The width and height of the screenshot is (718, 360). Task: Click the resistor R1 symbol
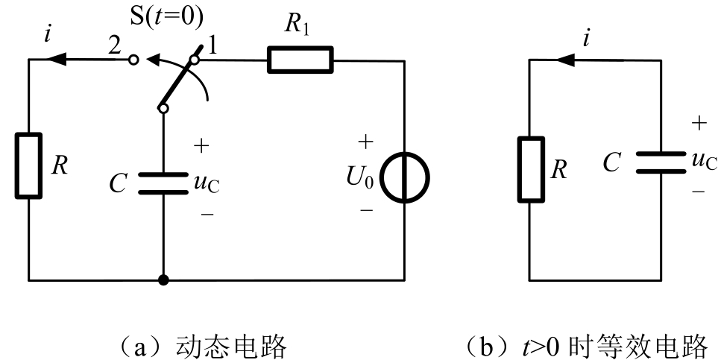click(x=300, y=60)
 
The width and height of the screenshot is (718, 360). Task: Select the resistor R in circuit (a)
click(x=28, y=165)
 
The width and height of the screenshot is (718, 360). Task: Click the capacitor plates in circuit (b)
click(x=661, y=162)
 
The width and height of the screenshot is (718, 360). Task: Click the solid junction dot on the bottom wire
click(x=163, y=281)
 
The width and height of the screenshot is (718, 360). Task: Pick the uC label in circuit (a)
click(x=207, y=182)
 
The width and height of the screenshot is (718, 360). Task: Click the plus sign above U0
click(x=366, y=142)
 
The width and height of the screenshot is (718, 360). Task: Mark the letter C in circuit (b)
click(x=613, y=163)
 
